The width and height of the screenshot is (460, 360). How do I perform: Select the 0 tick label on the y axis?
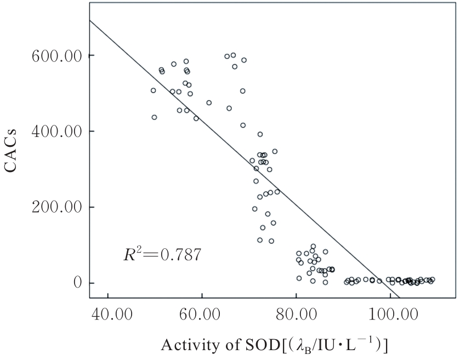[77, 283]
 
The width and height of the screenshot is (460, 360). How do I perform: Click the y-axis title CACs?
[14, 150]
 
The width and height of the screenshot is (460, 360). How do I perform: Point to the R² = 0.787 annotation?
[162, 254]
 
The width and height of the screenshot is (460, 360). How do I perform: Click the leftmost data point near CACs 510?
[153, 90]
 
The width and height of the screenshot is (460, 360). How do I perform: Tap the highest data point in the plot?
[233, 55]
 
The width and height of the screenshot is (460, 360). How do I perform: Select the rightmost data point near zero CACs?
[432, 279]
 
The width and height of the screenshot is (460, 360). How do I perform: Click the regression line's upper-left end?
[90, 20]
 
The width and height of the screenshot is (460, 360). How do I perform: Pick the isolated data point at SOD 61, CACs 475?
[209, 102]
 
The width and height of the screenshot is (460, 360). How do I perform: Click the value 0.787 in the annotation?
[180, 255]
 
